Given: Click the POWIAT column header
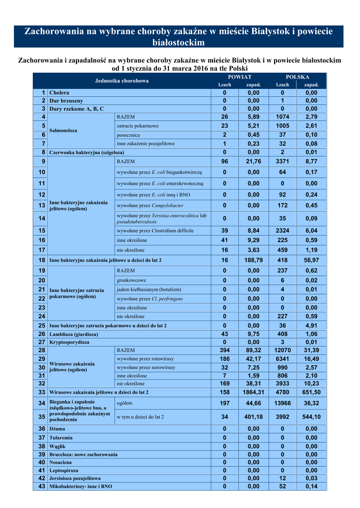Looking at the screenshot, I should click(239, 77).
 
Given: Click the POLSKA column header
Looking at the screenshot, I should click(297, 77).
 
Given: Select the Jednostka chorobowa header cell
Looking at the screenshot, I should click(122, 81).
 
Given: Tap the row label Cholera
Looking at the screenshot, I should click(59, 93).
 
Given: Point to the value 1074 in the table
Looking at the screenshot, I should click(283, 117).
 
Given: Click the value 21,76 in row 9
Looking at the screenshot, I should click(253, 161).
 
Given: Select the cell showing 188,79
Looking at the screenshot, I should click(253, 260).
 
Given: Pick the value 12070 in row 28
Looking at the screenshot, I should click(283, 350).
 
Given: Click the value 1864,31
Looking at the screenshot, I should click(253, 392).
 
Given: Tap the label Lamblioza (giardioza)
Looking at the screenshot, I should click(73, 334).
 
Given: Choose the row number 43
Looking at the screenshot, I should click(41, 487).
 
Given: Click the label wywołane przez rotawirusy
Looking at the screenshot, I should click(145, 359).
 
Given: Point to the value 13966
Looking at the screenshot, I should click(283, 404).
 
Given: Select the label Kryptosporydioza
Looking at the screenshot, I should click(69, 342).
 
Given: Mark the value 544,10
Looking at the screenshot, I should click(311, 417).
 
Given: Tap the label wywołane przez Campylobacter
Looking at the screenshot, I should click(150, 205).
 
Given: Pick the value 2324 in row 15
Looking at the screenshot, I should click(283, 231).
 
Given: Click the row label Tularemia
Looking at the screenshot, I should click(61, 438).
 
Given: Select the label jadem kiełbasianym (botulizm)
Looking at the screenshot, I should click(148, 289).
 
